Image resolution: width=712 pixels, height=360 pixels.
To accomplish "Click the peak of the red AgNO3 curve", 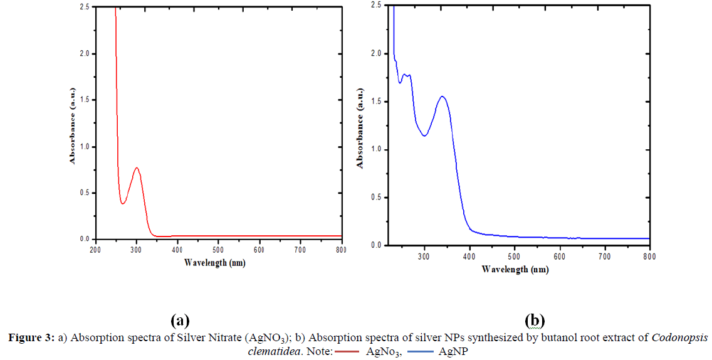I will pyautogui.click(x=136, y=167).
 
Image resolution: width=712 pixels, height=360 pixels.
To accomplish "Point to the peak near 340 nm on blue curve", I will pyautogui.click(x=442, y=97).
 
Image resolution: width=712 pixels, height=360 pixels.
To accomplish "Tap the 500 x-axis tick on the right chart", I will pyautogui.click(x=515, y=257).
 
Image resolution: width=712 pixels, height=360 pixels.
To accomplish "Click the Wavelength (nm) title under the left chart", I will pyautogui.click(x=214, y=262).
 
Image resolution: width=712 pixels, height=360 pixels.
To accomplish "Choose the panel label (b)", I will pyautogui.click(x=535, y=320).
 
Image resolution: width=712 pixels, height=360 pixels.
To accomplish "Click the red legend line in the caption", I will pyautogui.click(x=347, y=351).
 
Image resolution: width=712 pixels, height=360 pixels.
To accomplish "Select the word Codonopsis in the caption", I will pyautogui.click(x=679, y=339).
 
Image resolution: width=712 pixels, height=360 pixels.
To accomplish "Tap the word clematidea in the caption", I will pyautogui.click(x=273, y=351).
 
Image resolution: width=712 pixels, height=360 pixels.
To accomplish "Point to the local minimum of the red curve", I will pyautogui.click(x=123, y=203).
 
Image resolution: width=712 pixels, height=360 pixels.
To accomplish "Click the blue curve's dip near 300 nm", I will pyautogui.click(x=424, y=135).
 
